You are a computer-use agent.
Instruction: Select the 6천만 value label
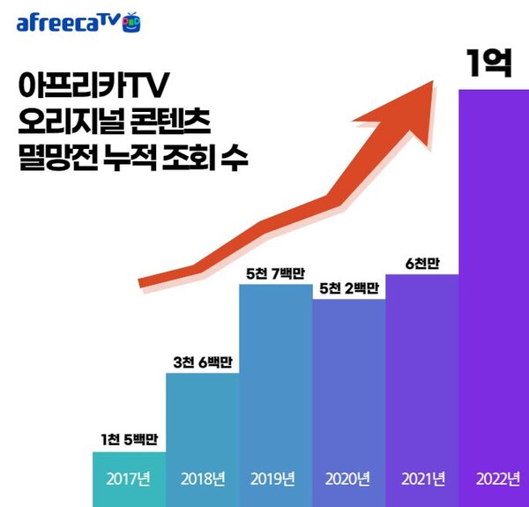[422, 263]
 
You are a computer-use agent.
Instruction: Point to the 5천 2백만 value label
[349, 287]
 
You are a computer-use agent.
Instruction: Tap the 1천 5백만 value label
[129, 440]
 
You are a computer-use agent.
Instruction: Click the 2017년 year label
[129, 480]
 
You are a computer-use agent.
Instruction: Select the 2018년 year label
[202, 480]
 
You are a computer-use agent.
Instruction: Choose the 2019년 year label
[275, 480]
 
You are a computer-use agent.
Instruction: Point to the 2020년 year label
[349, 480]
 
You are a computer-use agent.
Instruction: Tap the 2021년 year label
[422, 480]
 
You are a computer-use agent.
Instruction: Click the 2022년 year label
[494, 480]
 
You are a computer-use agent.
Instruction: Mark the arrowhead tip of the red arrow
[431, 82]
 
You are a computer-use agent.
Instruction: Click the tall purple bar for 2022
[494, 282]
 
